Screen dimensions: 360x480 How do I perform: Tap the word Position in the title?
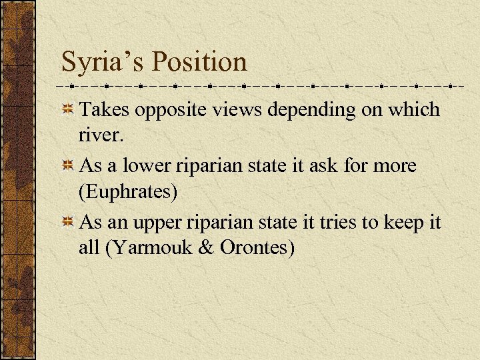[x=199, y=62]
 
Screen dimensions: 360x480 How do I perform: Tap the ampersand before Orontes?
[x=208, y=248]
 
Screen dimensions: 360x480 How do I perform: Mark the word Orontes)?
[x=258, y=248]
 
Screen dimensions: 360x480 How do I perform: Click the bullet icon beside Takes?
[x=68, y=109]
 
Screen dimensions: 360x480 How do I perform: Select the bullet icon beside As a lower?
[x=68, y=165]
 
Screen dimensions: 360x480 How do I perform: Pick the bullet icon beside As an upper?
[x=68, y=221]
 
